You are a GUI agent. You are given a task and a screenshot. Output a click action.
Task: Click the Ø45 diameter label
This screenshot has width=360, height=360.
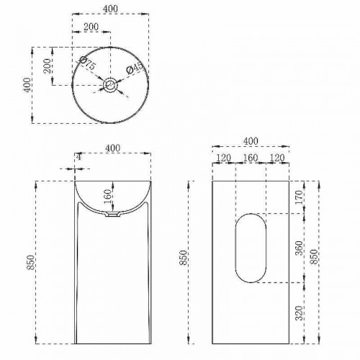pos(135,68)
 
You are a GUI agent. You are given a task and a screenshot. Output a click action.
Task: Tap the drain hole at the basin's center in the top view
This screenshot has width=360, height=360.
pos(110,86)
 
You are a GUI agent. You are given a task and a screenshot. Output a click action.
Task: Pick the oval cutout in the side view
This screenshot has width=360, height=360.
pos(250,246)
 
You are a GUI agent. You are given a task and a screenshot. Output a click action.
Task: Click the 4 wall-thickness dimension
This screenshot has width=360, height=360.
pos(78,156)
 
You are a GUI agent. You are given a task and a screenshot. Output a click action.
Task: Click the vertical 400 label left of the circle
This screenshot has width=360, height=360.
pos(27,84)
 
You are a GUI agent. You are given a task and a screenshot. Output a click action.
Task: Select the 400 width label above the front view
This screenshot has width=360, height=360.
pos(112,148)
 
